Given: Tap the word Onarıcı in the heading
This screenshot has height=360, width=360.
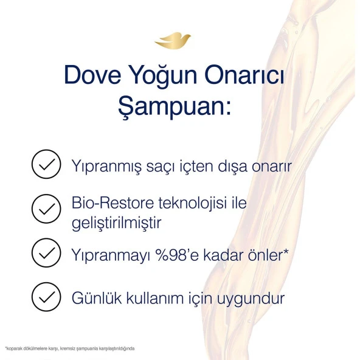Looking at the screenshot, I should (251, 77).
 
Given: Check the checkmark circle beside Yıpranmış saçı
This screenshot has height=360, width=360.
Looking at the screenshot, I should (46, 164).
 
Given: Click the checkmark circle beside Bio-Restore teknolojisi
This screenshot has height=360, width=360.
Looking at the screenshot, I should (46, 210).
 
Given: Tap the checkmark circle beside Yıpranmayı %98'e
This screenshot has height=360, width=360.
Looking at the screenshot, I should (46, 253).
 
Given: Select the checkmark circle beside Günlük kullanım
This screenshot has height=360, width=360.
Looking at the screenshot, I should (46, 297).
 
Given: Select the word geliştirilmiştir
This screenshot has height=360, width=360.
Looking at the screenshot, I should (116, 223).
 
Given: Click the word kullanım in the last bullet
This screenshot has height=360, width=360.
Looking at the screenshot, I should (151, 298).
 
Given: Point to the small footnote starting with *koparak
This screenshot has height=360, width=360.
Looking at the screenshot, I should (69, 348).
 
